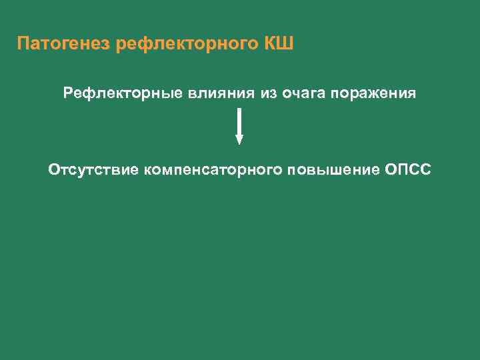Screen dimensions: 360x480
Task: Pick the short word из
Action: [x=269, y=93]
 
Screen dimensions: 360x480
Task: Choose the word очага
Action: [x=303, y=93]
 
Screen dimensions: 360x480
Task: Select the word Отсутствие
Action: [x=93, y=170]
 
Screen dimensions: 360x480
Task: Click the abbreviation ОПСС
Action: [x=408, y=170]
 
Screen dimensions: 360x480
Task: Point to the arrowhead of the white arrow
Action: [x=239, y=139]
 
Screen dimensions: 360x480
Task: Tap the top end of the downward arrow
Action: [x=239, y=109]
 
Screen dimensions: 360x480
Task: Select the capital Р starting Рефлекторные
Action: [x=68, y=93]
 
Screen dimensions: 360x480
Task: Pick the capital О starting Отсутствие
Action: [x=54, y=170]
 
